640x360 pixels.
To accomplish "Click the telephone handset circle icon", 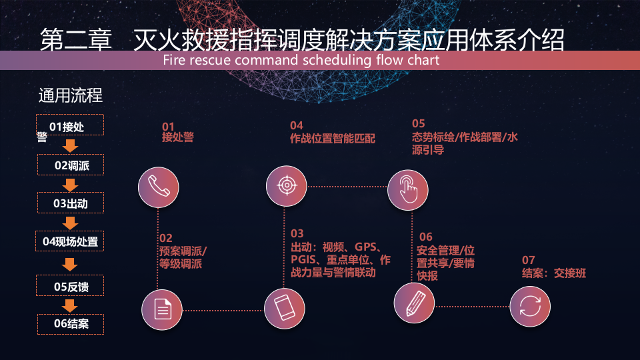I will [x=158, y=185].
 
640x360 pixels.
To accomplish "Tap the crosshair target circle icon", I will [x=286, y=185].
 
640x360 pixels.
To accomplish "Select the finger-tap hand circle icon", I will [x=408, y=186].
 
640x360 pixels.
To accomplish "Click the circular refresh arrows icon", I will [x=530, y=307].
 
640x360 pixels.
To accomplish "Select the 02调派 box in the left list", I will [x=71, y=165].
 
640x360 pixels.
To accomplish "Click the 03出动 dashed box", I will [x=71, y=203].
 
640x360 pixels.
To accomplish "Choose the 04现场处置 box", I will [x=71, y=241].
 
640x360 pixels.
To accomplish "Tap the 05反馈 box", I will [x=71, y=287].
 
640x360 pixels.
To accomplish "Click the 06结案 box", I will [x=71, y=324].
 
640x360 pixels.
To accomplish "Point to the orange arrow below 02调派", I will [x=71, y=184].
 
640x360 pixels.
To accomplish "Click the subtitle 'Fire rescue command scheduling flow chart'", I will [x=301, y=61].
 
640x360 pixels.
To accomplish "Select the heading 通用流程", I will [x=71, y=95].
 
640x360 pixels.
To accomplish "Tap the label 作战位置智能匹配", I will [x=333, y=139].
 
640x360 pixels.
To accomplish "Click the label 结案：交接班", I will [x=553, y=273].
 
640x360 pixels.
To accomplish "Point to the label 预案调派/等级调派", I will [x=183, y=257].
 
